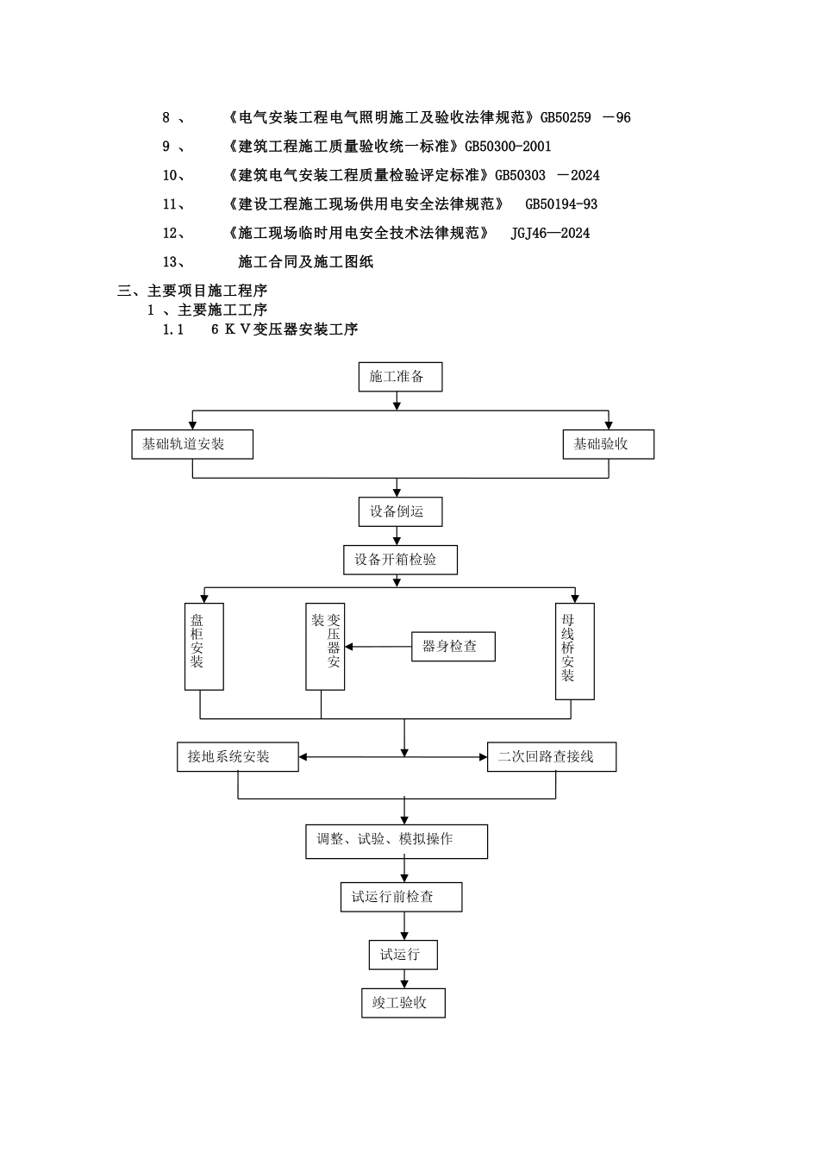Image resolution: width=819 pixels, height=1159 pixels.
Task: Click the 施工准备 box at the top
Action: [400, 377]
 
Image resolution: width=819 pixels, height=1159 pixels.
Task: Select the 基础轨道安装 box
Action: [192, 445]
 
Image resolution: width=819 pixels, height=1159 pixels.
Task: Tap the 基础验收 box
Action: [608, 445]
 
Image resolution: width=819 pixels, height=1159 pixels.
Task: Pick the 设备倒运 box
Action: [400, 511]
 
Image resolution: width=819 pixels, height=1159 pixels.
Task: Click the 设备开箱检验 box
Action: [400, 560]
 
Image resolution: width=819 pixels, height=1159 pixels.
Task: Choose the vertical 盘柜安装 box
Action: [204, 647]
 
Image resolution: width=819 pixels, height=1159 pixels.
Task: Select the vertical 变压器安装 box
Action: [325, 647]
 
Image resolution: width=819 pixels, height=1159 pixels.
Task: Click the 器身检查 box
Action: [453, 647]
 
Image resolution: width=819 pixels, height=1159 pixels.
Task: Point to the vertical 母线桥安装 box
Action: [574, 651]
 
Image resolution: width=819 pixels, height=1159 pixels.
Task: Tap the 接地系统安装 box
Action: [237, 757]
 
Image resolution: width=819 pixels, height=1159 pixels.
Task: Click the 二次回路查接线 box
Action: [552, 757]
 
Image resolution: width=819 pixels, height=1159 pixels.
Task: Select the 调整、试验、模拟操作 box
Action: [397, 841]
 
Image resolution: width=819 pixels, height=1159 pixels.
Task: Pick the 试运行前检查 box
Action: [401, 897]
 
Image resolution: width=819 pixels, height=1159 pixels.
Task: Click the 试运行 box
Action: [403, 955]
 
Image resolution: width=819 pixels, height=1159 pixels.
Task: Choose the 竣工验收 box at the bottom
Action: [403, 1003]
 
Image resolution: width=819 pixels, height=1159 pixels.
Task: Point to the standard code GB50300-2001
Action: [508, 147]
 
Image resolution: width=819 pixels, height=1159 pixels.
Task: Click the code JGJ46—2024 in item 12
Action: [550, 233]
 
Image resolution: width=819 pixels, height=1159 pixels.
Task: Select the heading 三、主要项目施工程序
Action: [192, 291]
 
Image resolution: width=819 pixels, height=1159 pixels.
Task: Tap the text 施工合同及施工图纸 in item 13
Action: [305, 262]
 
